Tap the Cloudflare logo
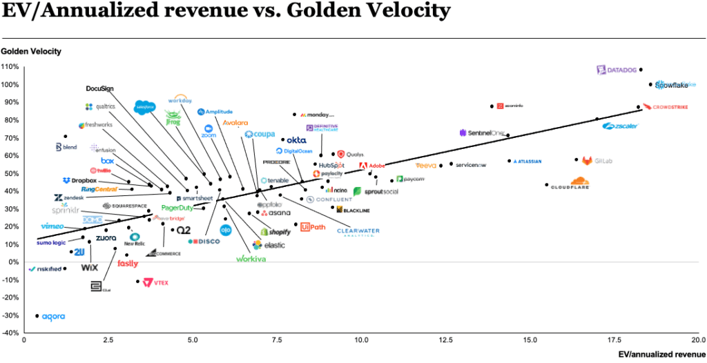click(569, 184)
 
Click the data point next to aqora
click(37, 315)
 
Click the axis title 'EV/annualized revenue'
click(662, 354)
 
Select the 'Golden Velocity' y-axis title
click(31, 51)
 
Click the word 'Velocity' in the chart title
click(404, 12)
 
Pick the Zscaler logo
click(621, 126)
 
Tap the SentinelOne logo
click(482, 133)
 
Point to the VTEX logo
click(155, 282)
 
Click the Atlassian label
click(528, 161)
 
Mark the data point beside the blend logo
click(66, 136)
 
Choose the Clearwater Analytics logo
click(358, 232)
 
